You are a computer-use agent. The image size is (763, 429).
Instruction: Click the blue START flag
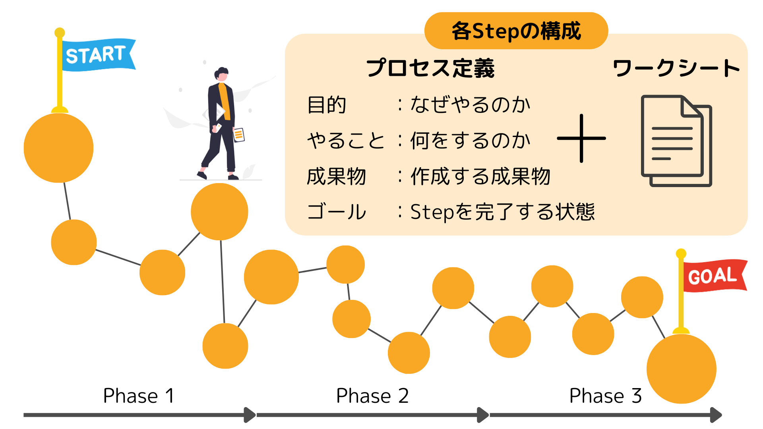pyautogui.click(x=97, y=55)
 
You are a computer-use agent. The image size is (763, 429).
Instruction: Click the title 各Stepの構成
pyautogui.click(x=516, y=31)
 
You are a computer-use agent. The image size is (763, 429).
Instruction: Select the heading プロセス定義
pyautogui.click(x=430, y=68)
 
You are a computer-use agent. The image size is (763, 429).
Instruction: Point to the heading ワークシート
pyautogui.click(x=676, y=68)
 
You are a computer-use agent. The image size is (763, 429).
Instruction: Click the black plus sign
pyautogui.click(x=581, y=138)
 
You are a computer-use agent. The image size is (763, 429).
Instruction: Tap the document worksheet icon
pyautogui.click(x=676, y=141)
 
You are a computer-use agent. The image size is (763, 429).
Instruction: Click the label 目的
pyautogui.click(x=327, y=105)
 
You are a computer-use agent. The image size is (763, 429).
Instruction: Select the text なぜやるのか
pyautogui.click(x=470, y=105)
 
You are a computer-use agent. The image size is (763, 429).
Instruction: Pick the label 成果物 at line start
pyautogui.click(x=336, y=176)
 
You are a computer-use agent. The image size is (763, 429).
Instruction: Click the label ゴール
pyautogui.click(x=336, y=212)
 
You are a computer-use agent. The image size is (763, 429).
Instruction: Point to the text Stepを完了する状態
pyautogui.click(x=502, y=212)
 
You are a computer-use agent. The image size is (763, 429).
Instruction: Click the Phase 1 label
pyautogui.click(x=138, y=396)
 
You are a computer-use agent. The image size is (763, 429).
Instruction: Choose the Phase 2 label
pyautogui.click(x=372, y=396)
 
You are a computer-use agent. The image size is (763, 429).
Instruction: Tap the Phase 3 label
pyautogui.click(x=605, y=396)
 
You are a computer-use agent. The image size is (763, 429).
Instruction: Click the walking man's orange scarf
pyautogui.click(x=225, y=99)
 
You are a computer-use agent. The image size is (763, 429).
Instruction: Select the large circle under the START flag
pyautogui.click(x=59, y=148)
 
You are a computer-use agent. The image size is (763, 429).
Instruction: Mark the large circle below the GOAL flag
pyautogui.click(x=681, y=369)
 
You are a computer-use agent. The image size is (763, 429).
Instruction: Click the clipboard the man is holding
pyautogui.click(x=239, y=135)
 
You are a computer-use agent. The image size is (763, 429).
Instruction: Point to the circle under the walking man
pyautogui.click(x=219, y=212)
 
